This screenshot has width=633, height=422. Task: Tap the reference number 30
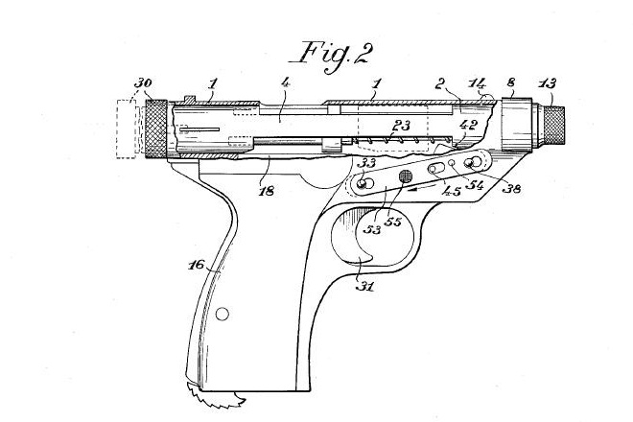142,84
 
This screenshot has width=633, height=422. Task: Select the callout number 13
547,84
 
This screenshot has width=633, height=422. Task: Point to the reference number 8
512,84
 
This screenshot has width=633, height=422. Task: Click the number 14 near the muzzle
477,85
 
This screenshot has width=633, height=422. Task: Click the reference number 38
511,189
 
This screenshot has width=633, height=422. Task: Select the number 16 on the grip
194,264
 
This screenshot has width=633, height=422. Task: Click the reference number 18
266,191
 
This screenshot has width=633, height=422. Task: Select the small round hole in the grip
223,314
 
